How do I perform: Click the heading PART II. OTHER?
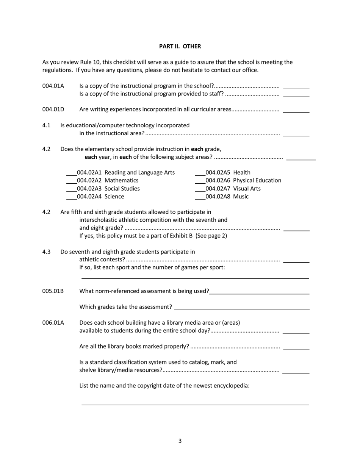coord(180,46)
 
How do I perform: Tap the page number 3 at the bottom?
coord(180,441)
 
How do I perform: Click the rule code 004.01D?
coord(53,109)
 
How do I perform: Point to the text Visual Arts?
coord(247,188)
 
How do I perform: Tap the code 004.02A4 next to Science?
coord(90,196)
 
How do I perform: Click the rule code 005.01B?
coord(53,291)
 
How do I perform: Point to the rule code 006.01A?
coord(53,322)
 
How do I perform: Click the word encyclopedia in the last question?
coord(230,386)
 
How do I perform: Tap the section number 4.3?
coord(46,252)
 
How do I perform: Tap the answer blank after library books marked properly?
coord(296,348)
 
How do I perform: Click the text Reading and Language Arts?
coord(139,173)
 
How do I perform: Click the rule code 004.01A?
coord(53,86)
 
